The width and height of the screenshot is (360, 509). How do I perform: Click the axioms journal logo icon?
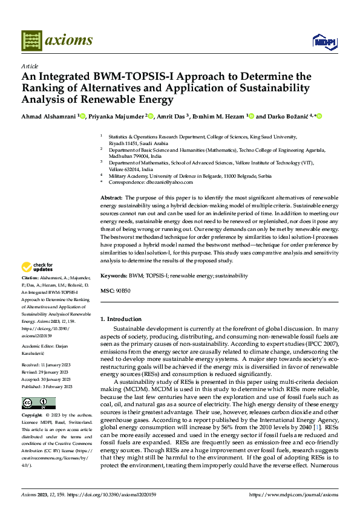pyautogui.click(x=31, y=41)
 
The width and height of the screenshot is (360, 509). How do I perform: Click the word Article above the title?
pyautogui.click(x=30, y=66)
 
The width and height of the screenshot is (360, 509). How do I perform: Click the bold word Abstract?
pyautogui.click(x=111, y=198)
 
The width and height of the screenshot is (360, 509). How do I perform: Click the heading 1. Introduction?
pyautogui.click(x=121, y=319)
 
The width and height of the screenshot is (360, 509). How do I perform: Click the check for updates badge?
pyautogui.click(x=38, y=267)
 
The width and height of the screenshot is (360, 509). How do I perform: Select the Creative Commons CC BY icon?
pyautogui.click(x=38, y=403)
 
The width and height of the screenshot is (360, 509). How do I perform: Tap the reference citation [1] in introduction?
pyautogui.click(x=314, y=427)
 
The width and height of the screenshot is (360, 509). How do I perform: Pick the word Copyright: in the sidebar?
pyautogui.click(x=32, y=415)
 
